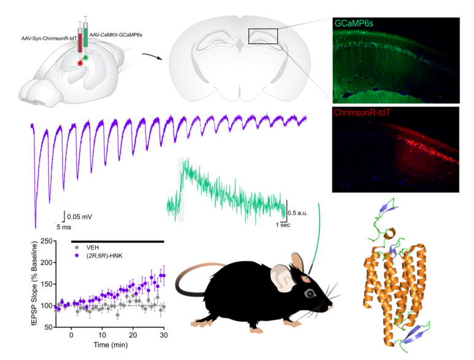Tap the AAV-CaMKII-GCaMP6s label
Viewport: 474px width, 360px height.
click(x=116, y=36)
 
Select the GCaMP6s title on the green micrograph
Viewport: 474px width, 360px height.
click(x=354, y=23)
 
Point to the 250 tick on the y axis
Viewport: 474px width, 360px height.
click(x=44, y=241)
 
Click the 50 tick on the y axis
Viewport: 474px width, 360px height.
click(x=45, y=327)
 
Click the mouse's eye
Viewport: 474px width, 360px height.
click(x=308, y=293)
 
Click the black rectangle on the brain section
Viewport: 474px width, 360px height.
click(x=263, y=37)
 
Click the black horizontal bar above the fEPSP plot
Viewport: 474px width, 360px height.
click(x=118, y=241)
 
